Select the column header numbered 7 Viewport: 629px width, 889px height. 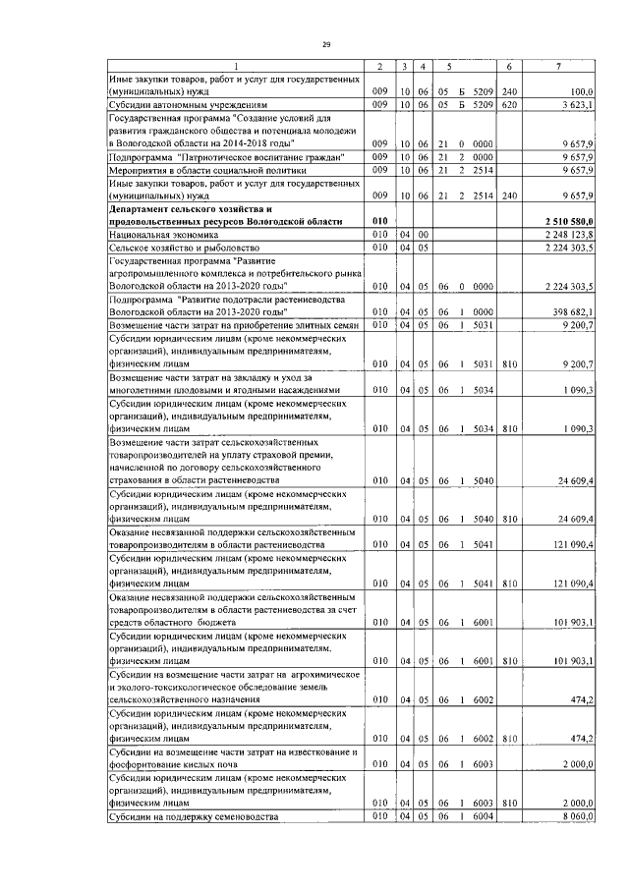point(559,66)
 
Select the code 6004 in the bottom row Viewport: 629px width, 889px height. point(481,816)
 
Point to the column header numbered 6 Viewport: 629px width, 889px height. point(509,66)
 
